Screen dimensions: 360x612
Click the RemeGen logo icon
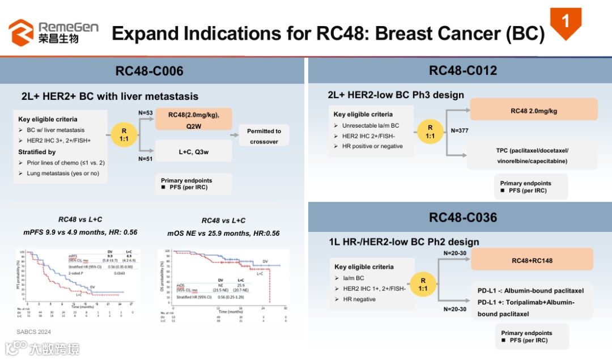pyautogui.click(x=21, y=32)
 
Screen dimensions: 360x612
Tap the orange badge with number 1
pyautogui.click(x=566, y=23)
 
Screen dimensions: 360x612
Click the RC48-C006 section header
pyautogui.click(x=150, y=71)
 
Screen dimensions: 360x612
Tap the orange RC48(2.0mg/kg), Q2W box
pyautogui.click(x=193, y=120)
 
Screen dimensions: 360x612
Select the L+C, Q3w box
pyautogui.click(x=193, y=151)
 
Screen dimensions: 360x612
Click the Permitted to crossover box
pyautogui.click(x=263, y=136)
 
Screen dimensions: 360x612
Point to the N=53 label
pyautogui.click(x=146, y=113)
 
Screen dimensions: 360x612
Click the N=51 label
pyautogui.click(x=146, y=159)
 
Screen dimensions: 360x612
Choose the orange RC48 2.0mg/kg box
pyautogui.click(x=533, y=111)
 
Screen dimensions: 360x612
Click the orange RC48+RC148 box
pyautogui.click(x=532, y=260)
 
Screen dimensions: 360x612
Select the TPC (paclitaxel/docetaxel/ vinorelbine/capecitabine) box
pyautogui.click(x=532, y=155)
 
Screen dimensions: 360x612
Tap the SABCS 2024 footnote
pyautogui.click(x=34, y=331)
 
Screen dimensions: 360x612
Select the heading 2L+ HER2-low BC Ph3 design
pyautogui.click(x=396, y=95)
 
